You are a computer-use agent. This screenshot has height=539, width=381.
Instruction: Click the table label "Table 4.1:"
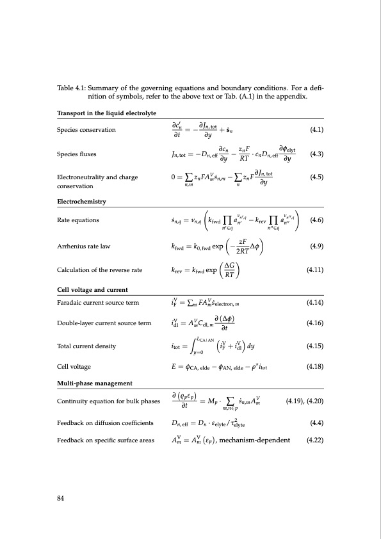(70, 88)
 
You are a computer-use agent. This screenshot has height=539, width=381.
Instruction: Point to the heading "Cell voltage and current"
(90, 291)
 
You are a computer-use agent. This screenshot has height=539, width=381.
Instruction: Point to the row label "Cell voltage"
(74, 367)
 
